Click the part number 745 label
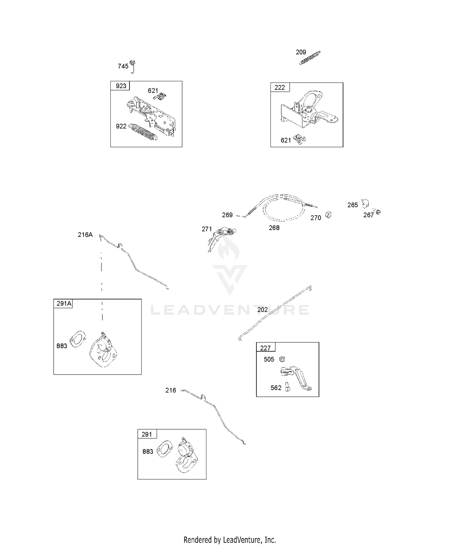[x=123, y=66]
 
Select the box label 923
[x=121, y=86]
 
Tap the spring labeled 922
[x=144, y=132]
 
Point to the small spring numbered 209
[x=310, y=58]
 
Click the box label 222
[x=280, y=87]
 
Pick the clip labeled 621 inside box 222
[x=299, y=139]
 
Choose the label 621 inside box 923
[x=153, y=90]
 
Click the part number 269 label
[x=227, y=215]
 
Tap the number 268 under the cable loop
[x=274, y=228]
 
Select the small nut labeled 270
[x=328, y=215]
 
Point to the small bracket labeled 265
[x=365, y=204]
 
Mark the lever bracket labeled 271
[x=221, y=239]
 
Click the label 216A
[x=85, y=235]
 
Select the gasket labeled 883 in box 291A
[x=78, y=339]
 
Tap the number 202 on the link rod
[x=263, y=310]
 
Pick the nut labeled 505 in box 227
[x=282, y=359]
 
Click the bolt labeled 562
[x=288, y=387]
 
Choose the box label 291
[x=147, y=434]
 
